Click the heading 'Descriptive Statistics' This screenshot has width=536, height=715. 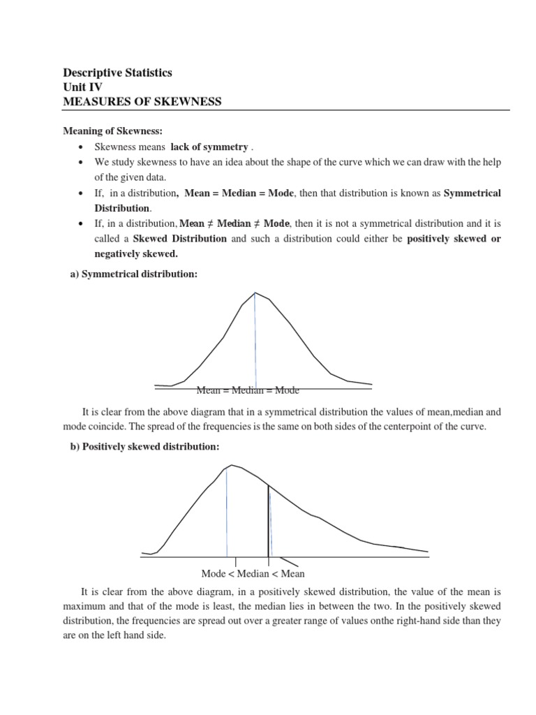point(117,73)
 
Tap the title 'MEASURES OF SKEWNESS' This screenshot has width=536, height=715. point(142,102)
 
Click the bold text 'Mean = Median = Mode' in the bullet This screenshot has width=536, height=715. point(239,193)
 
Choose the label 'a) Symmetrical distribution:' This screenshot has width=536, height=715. point(133,275)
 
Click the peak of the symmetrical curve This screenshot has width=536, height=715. point(255,293)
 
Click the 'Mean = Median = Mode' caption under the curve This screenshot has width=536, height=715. point(248,390)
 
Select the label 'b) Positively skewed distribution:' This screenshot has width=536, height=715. point(145,446)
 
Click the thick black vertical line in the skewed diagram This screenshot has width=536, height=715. point(268,520)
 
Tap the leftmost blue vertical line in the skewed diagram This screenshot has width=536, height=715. point(227,513)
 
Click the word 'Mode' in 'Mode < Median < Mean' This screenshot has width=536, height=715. point(214,574)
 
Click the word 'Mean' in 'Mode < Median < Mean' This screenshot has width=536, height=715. point(292,574)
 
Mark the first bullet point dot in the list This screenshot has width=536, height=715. point(82,147)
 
